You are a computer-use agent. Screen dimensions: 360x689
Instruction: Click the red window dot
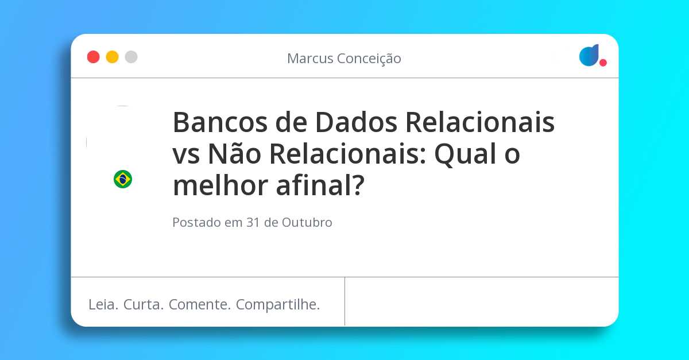tap(93, 57)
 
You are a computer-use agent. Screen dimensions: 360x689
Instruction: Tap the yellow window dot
tap(112, 57)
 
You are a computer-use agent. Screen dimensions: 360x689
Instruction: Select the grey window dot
tap(131, 57)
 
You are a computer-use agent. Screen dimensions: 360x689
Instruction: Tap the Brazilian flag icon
tap(123, 179)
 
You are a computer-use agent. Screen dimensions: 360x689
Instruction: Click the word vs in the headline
tap(187, 154)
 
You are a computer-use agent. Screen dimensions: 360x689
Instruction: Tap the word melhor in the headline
tap(220, 186)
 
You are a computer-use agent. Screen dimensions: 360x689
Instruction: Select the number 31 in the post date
tap(253, 223)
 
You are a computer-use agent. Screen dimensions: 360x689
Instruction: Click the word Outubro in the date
tap(307, 223)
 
